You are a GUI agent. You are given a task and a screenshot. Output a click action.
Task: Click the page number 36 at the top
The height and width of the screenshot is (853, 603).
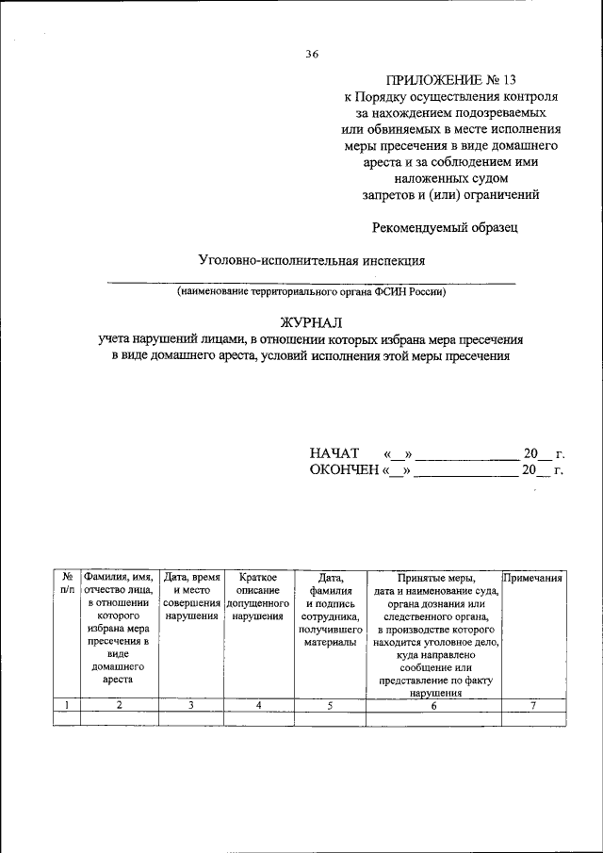(x=312, y=54)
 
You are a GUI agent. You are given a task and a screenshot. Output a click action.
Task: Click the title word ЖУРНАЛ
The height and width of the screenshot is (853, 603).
(x=311, y=321)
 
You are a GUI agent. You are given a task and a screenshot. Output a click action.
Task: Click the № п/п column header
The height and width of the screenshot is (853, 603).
(x=67, y=583)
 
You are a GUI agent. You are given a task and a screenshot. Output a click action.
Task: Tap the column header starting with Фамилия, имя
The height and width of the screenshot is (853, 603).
(x=119, y=628)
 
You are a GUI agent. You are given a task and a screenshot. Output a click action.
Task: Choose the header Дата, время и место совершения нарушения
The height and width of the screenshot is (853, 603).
(x=191, y=598)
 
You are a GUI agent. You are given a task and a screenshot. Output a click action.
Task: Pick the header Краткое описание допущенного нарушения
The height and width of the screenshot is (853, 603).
(x=257, y=598)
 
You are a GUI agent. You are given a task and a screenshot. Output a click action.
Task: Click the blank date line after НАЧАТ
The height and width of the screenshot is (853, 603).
(x=467, y=456)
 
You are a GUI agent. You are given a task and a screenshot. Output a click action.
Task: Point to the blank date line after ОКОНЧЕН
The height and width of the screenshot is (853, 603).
(x=467, y=472)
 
